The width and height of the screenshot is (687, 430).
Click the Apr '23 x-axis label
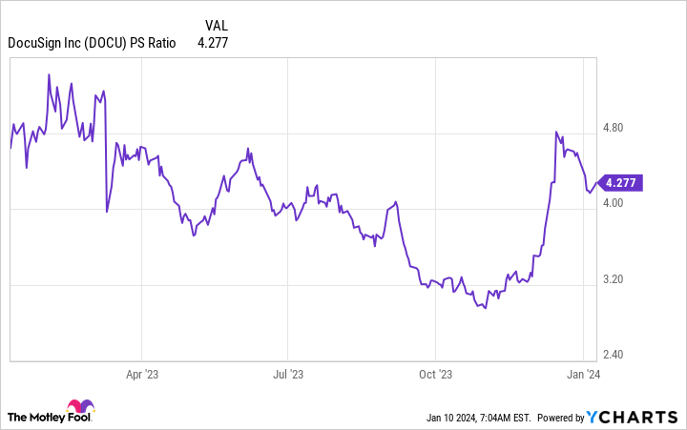(x=141, y=375)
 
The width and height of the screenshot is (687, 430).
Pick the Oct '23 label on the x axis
(x=435, y=375)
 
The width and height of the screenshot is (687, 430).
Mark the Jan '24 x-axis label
(x=583, y=375)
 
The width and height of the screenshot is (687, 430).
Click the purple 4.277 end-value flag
(x=621, y=183)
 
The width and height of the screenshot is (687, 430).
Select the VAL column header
(x=217, y=26)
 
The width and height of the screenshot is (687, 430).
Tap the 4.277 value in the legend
(x=213, y=43)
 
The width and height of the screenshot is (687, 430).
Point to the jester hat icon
(x=80, y=408)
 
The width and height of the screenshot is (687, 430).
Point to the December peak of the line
(x=555, y=133)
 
